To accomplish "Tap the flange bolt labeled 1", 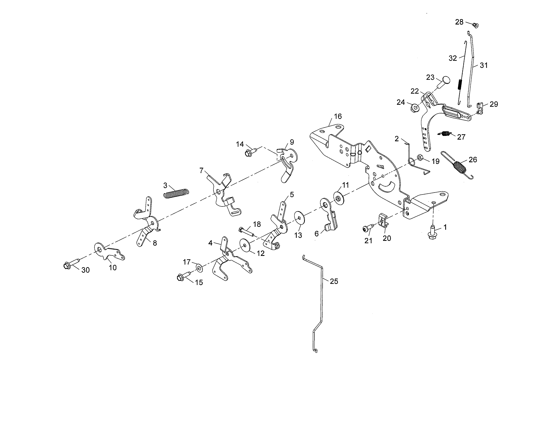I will pos(432,232).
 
